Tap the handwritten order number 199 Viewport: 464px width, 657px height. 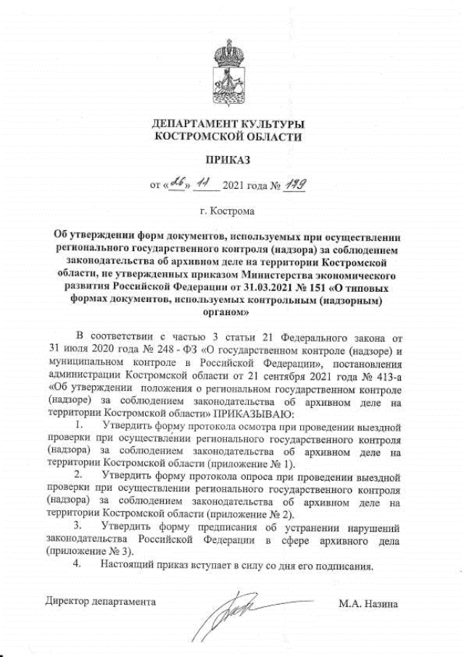point(294,187)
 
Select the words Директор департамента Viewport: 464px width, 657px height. point(100,602)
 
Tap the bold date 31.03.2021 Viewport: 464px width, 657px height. point(255,287)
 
